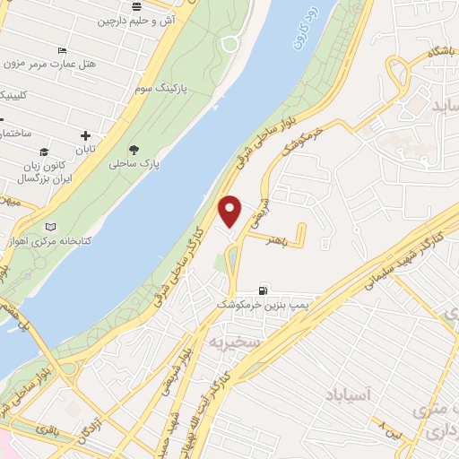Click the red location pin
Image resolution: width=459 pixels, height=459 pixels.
click(x=230, y=211)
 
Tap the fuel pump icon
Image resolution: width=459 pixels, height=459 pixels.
click(x=262, y=290)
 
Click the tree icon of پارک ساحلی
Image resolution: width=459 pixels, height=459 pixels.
click(x=134, y=150)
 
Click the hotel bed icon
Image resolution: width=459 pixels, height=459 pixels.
click(x=61, y=50)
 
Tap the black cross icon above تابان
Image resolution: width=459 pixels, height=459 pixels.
click(x=85, y=137)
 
